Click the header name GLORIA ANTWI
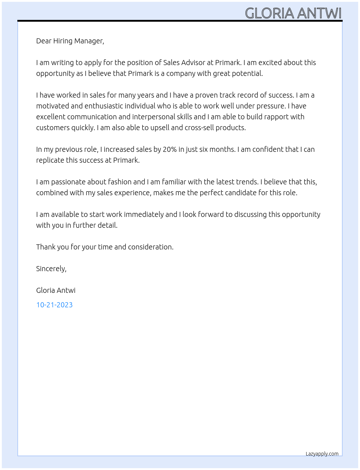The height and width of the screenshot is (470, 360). coord(293,13)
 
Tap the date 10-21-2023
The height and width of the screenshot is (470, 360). coord(54,305)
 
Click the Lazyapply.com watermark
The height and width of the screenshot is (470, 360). coord(322,454)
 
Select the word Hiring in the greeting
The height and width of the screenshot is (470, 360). coord(63,41)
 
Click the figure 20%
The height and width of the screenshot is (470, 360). coord(169,149)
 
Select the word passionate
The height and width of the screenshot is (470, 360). coord(69,182)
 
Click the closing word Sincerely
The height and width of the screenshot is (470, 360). coord(51,269)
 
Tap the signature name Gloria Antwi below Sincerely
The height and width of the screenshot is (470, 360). coord(56,290)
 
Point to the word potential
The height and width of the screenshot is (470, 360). coord(248,73)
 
